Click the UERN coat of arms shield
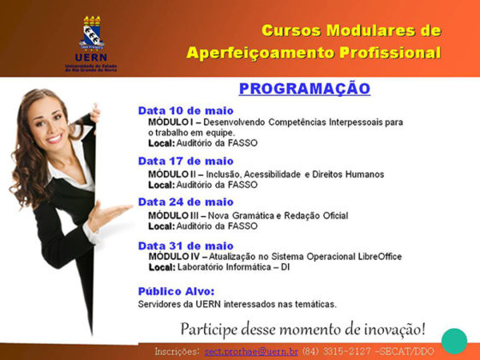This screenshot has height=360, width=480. (x=92, y=33)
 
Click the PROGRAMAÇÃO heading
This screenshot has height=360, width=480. (x=304, y=88)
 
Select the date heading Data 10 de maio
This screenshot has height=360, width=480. (x=186, y=111)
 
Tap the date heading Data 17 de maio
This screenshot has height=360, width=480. (x=186, y=161)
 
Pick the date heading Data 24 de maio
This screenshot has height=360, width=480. (x=186, y=202)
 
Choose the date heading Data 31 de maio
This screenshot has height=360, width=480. (x=186, y=246)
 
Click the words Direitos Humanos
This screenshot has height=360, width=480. (x=348, y=174)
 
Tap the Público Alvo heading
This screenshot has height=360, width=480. (x=177, y=291)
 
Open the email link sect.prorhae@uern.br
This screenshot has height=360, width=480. (x=251, y=351)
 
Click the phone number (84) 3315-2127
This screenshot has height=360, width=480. (x=336, y=351)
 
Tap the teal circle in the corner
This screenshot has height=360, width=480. (x=454, y=341)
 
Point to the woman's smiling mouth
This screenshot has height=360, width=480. (x=55, y=139)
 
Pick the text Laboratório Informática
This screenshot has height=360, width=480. (x=224, y=267)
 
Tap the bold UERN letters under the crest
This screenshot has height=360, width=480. (x=91, y=57)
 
